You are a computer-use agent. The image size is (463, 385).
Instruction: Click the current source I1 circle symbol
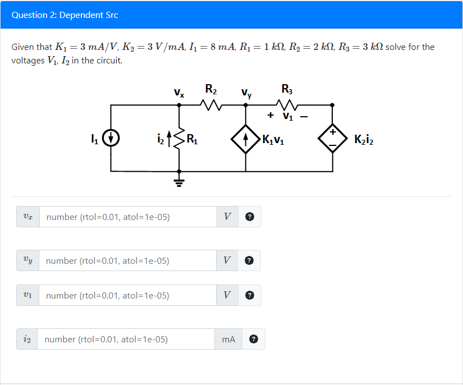coord(111,137)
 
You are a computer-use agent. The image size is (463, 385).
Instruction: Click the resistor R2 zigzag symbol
coord(212,104)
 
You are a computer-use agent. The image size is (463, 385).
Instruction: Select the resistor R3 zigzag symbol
coord(287,104)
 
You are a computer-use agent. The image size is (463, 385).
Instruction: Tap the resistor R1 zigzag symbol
coord(179,137)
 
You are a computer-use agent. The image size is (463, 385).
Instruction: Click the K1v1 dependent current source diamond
coord(246,138)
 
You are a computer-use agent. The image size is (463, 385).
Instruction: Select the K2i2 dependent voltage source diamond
coord(332,138)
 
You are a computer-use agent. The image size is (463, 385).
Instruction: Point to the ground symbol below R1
coord(179,181)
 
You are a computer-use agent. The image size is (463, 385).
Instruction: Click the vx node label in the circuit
coord(178,91)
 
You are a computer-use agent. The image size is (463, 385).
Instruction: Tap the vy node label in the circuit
coord(246,93)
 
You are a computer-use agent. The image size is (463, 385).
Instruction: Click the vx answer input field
coord(128,217)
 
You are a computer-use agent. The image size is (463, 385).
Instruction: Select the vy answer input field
coord(128,260)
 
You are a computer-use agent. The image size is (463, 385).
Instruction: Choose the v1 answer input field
coord(128,295)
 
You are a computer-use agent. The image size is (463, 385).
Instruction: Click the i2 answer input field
coord(126,339)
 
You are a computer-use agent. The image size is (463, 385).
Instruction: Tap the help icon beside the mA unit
coord(254,339)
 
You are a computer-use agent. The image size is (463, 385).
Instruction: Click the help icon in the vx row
coord(250,217)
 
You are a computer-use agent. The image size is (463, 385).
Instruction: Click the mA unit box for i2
coord(228,339)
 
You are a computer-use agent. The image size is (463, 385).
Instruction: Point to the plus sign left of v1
coord(271,116)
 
